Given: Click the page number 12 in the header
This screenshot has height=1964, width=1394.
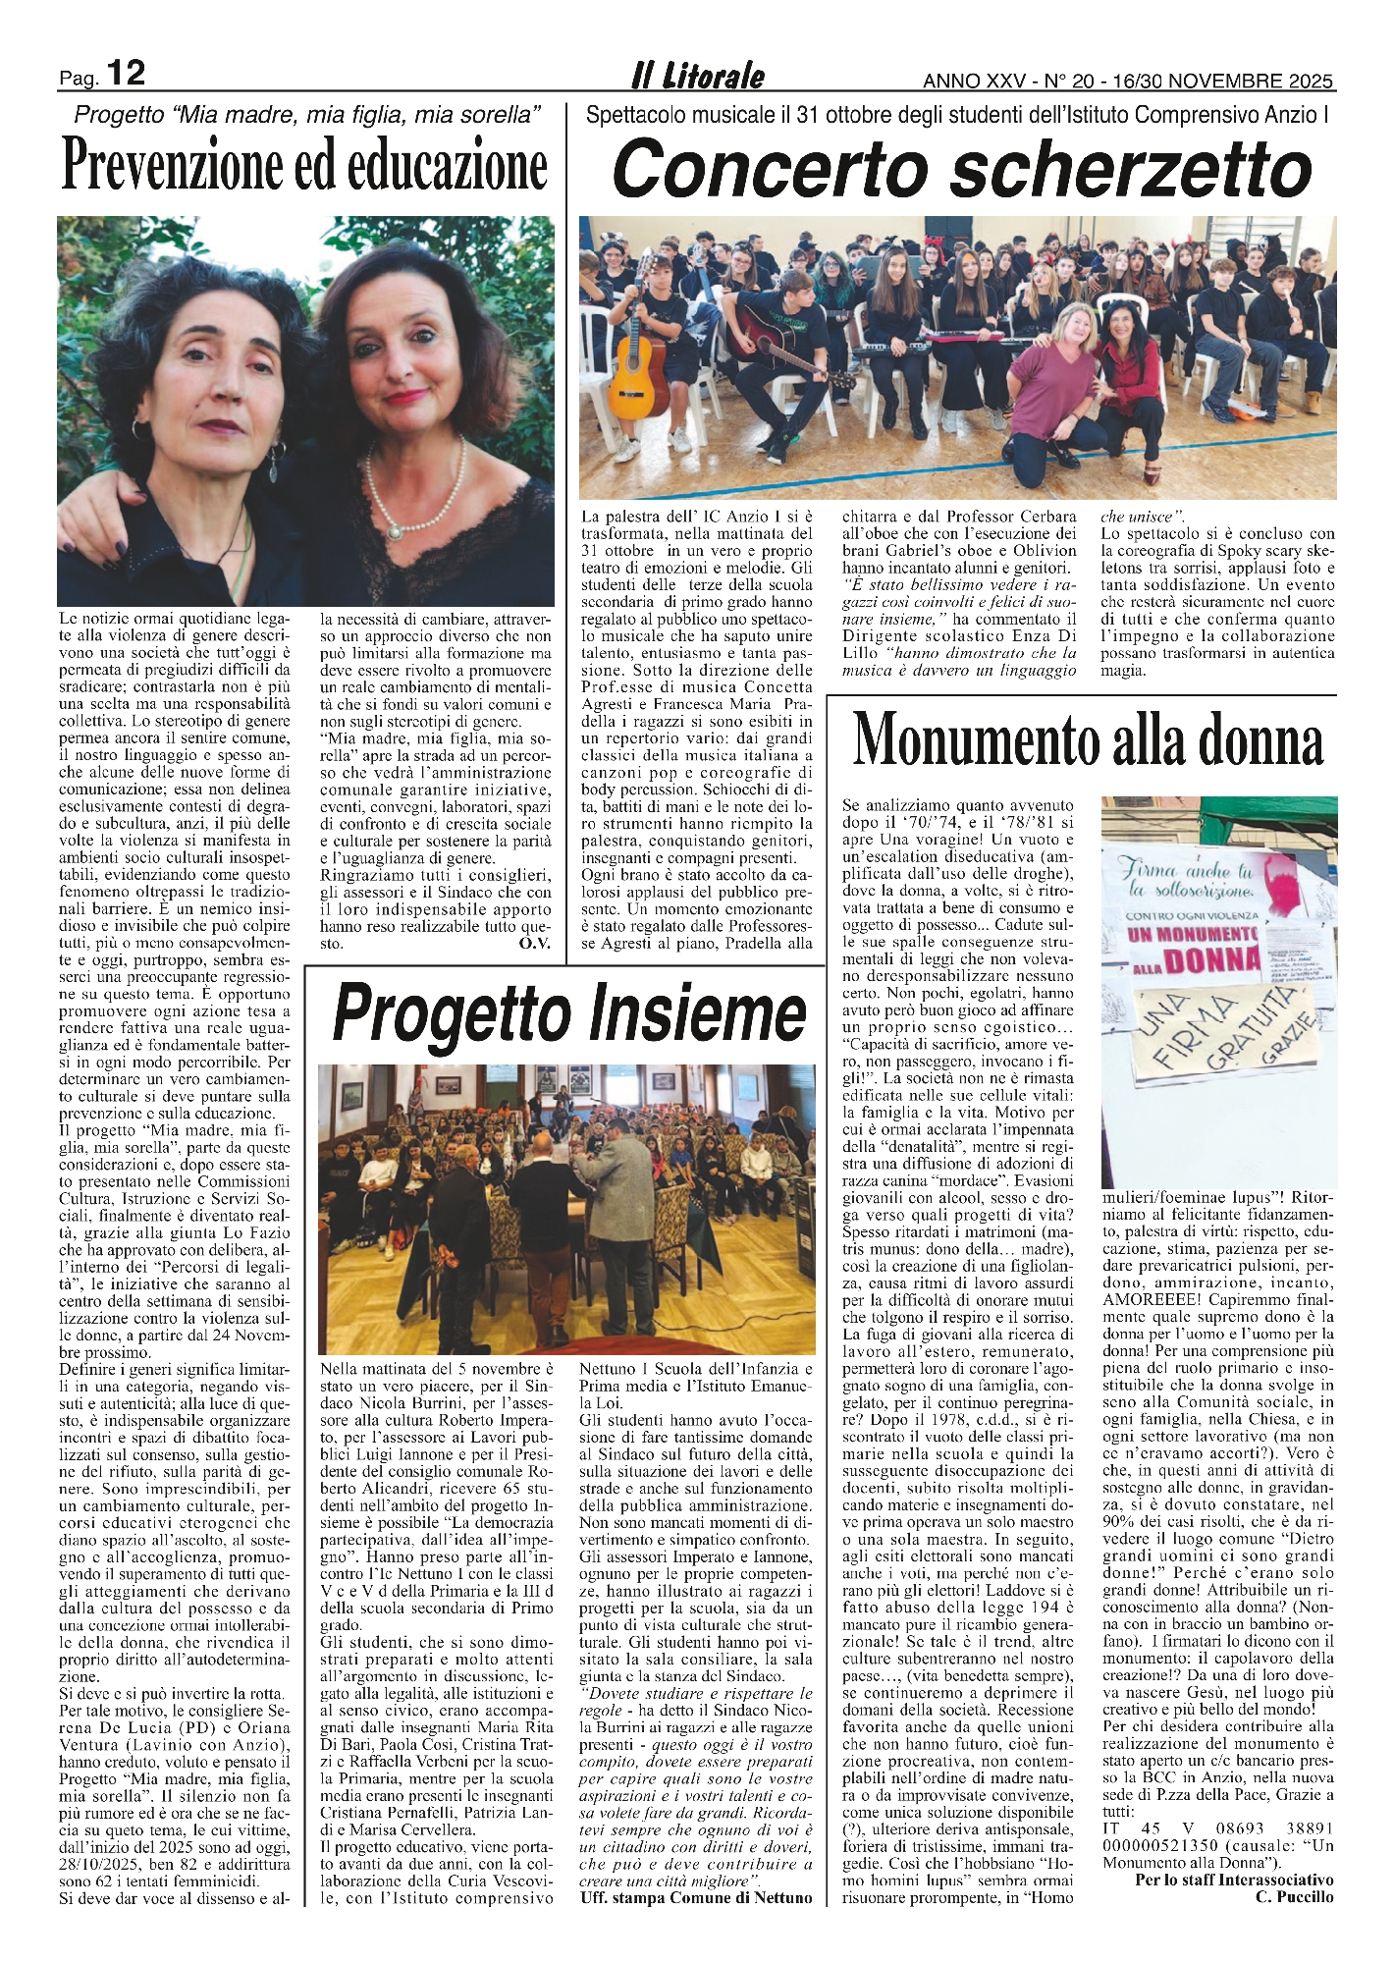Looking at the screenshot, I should click(126, 73).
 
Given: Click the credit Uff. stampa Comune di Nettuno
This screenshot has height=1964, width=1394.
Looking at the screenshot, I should click(696, 1897).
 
